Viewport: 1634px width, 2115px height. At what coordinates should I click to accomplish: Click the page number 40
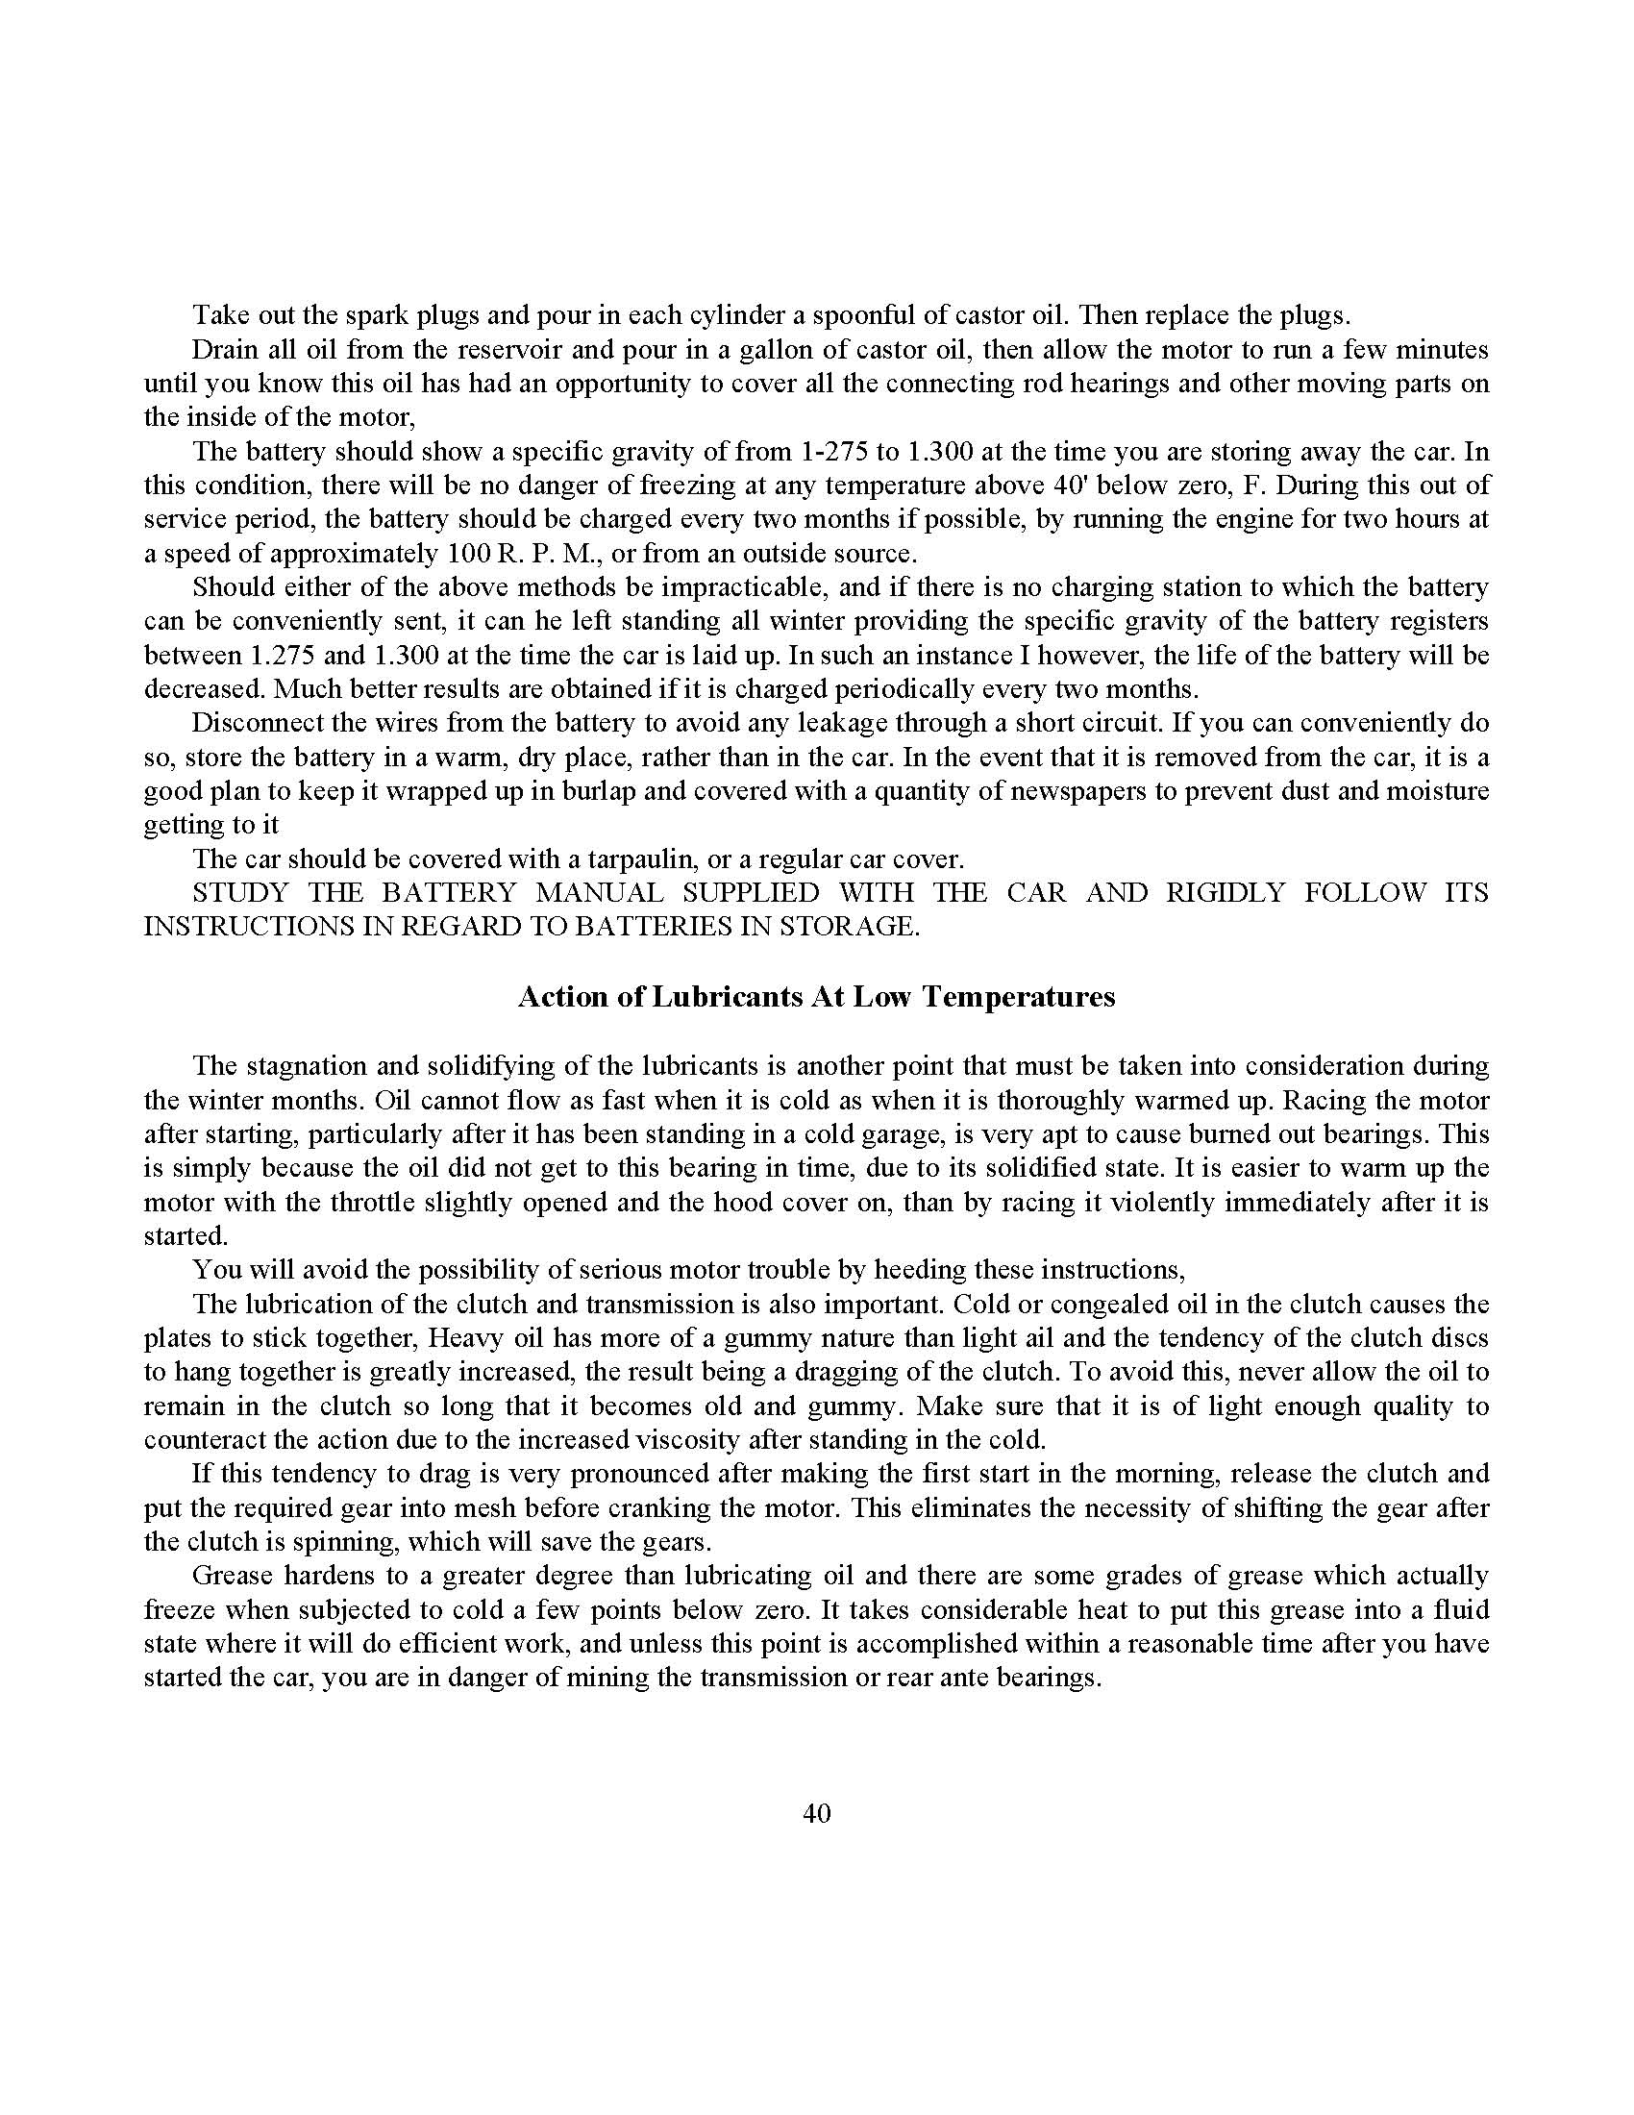[x=816, y=1814]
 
